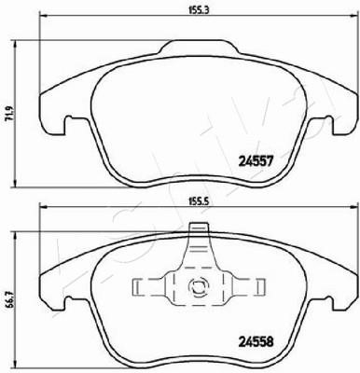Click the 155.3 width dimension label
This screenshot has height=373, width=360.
click(195, 9)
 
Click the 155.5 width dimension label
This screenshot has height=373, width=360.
click(195, 201)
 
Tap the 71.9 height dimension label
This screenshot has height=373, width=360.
click(11, 113)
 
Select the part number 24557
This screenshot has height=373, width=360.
click(256, 161)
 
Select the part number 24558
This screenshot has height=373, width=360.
click(256, 342)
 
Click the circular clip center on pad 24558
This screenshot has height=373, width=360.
click(197, 285)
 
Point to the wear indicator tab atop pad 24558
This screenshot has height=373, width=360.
click(199, 228)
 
